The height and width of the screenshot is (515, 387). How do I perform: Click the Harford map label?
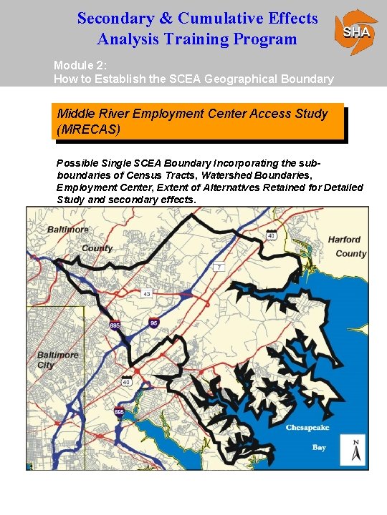click(x=344, y=240)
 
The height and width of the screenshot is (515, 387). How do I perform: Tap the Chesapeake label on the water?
click(x=307, y=428)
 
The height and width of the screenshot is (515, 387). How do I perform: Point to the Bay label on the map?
click(x=319, y=447)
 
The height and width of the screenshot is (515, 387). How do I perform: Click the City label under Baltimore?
click(x=46, y=365)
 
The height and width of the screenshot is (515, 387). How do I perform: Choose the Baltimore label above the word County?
click(x=69, y=230)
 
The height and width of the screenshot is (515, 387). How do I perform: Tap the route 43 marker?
click(x=147, y=294)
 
